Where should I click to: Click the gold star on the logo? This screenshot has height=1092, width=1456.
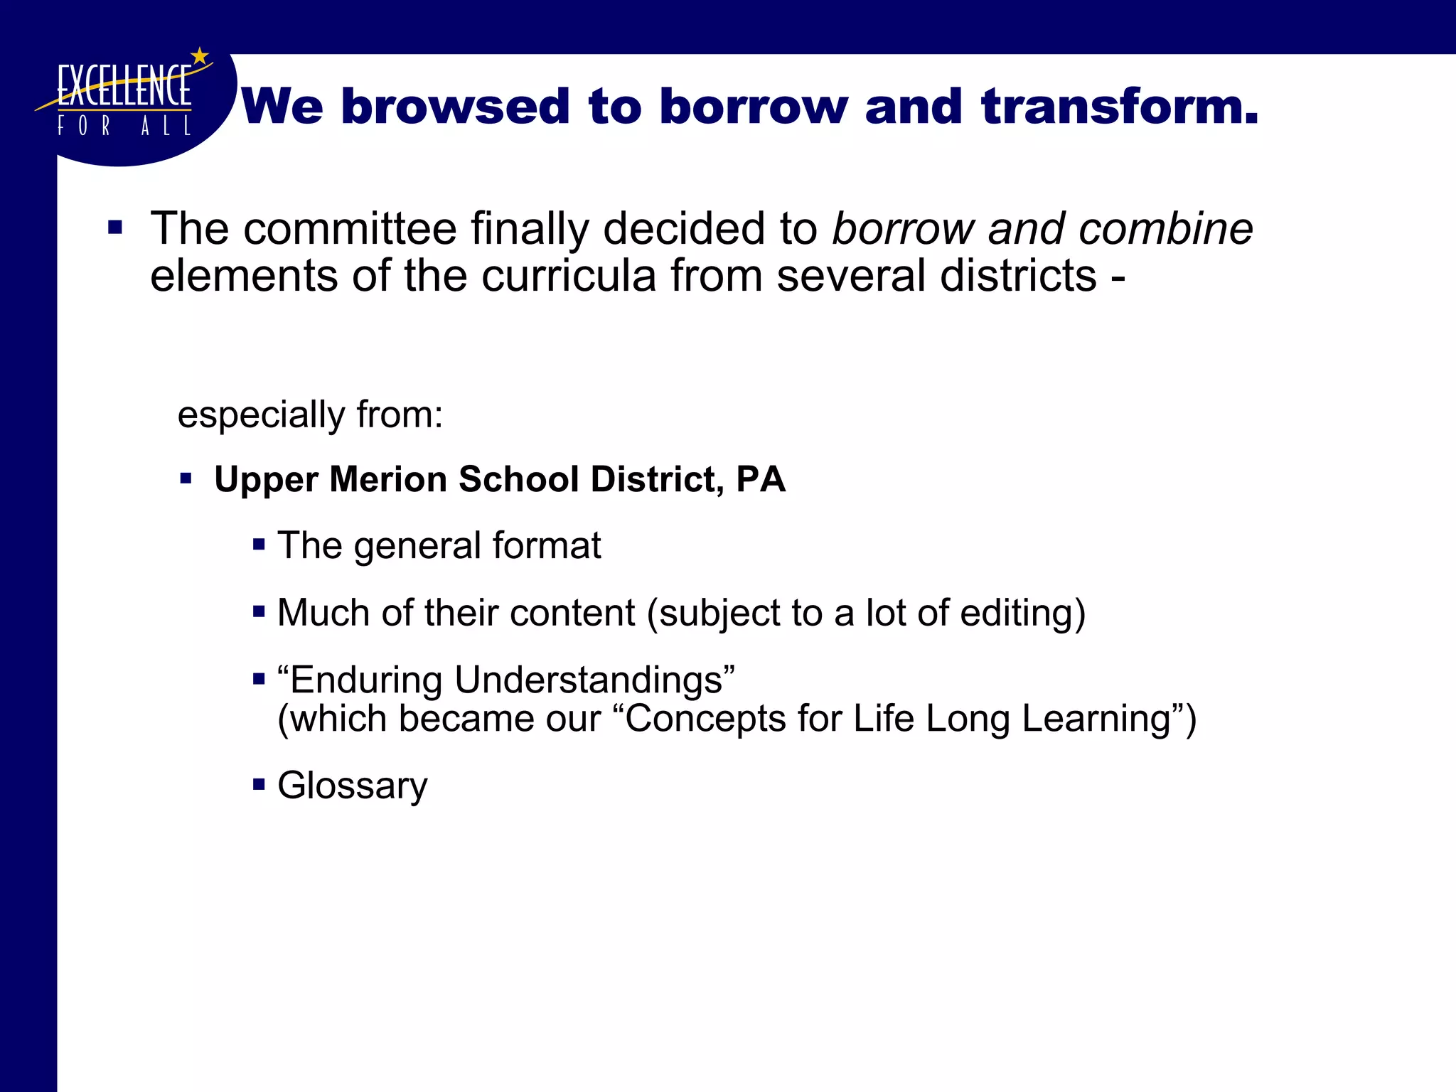pyautogui.click(x=200, y=56)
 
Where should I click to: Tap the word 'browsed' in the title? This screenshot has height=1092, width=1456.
pyautogui.click(x=455, y=107)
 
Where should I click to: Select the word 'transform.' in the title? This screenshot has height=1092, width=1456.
pyautogui.click(x=1120, y=107)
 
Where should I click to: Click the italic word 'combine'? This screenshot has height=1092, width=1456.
pyautogui.click(x=1165, y=229)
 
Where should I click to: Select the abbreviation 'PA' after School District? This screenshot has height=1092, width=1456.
pyautogui.click(x=761, y=479)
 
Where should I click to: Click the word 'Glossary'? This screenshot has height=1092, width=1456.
pyautogui.click(x=353, y=786)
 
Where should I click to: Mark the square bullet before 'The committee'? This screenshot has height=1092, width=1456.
pyautogui.click(x=115, y=228)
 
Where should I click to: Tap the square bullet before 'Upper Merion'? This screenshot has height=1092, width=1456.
pyautogui.click(x=186, y=478)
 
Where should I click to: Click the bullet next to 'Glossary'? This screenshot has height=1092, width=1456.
pyautogui.click(x=259, y=785)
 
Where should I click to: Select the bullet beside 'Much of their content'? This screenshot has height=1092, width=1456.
pyautogui.click(x=259, y=611)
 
